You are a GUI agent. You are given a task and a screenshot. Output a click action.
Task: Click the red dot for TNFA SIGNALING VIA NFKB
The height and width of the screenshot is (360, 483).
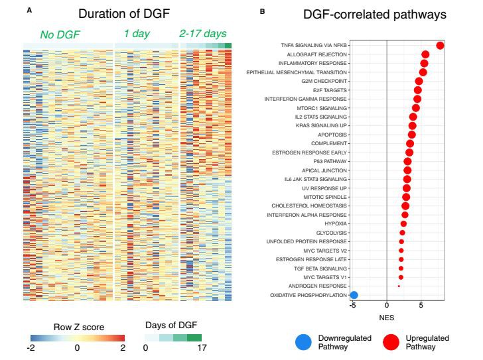(440, 45)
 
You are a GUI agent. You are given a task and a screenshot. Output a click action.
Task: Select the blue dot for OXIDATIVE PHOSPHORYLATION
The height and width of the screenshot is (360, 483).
(354, 295)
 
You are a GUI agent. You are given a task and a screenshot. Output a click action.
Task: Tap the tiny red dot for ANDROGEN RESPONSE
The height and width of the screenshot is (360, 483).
(398, 286)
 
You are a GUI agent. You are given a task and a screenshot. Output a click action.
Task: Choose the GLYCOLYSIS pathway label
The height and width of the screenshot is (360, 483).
(332, 233)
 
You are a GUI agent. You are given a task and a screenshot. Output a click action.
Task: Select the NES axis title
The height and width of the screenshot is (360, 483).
(387, 318)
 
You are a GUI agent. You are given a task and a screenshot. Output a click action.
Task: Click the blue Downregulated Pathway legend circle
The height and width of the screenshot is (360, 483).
(304, 342)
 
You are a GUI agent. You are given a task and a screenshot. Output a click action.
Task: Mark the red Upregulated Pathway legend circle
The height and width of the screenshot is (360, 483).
(391, 342)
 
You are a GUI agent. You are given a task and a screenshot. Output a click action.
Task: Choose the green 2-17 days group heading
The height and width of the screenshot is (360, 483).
(203, 34)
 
